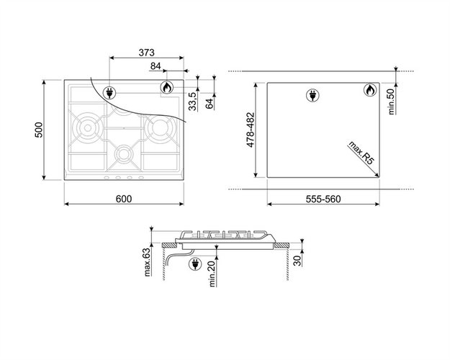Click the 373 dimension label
[x=146, y=53]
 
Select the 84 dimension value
[x=156, y=66]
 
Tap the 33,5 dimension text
[x=192, y=102]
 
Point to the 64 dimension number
[x=210, y=104]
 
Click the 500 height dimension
[x=39, y=130]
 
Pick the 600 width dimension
[x=124, y=199]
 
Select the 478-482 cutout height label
[x=251, y=130]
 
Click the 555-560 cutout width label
[x=323, y=199]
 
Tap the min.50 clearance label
[x=391, y=102]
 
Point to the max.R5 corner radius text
[x=361, y=153]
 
